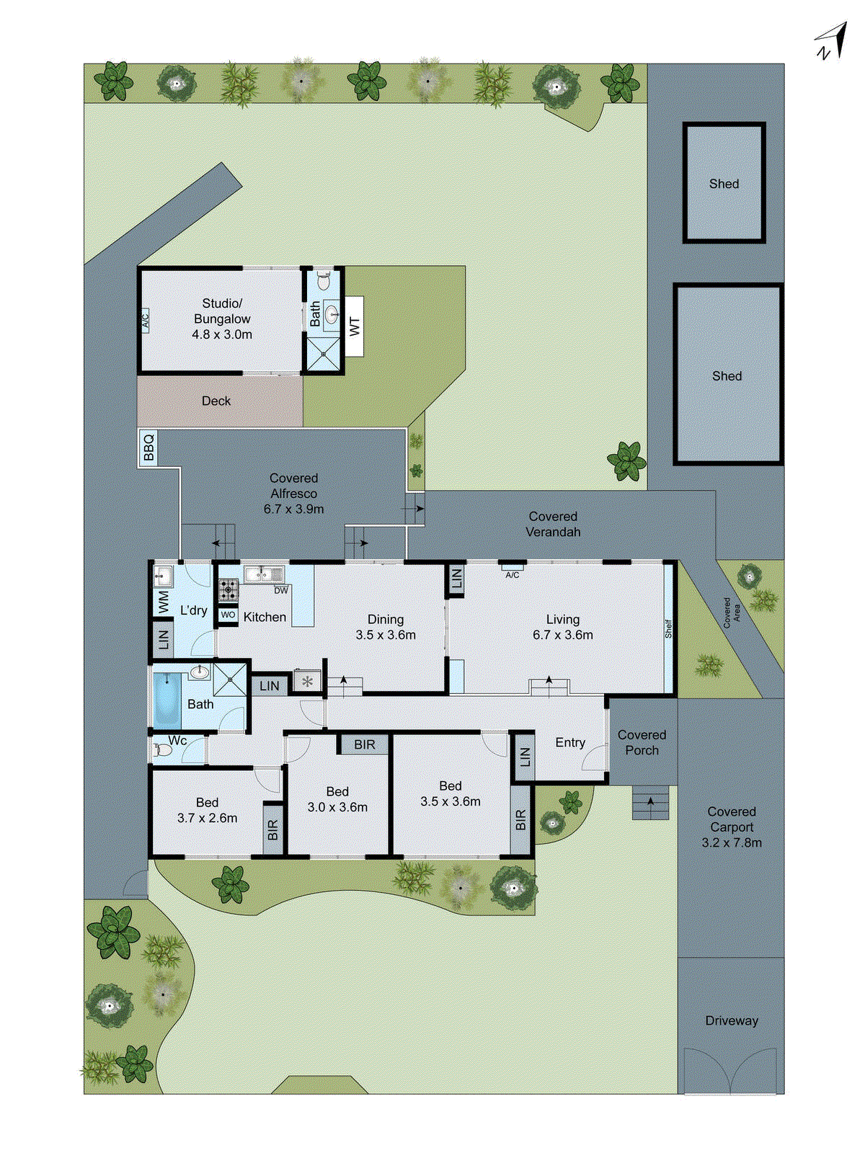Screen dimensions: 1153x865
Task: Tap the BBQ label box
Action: click(148, 447)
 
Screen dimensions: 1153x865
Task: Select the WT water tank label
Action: click(354, 326)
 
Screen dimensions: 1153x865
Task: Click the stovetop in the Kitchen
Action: click(229, 589)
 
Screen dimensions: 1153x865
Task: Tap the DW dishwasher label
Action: click(281, 590)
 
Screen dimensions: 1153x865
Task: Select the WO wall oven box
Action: click(228, 615)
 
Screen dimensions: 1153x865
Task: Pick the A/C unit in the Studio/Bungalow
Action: click(144, 319)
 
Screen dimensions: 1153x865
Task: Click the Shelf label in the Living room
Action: click(668, 628)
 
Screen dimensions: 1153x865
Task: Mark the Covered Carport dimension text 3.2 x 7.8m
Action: click(732, 842)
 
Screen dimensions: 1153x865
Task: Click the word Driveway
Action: click(732, 1020)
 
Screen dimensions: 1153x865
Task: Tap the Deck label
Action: click(216, 401)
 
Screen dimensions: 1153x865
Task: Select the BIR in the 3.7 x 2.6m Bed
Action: click(272, 829)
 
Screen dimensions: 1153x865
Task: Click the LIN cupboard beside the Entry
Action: click(524, 757)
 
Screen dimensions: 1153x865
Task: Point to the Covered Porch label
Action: click(642, 742)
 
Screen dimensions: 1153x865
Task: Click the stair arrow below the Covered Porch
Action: click(651, 803)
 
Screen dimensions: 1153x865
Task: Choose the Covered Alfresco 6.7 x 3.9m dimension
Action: click(293, 509)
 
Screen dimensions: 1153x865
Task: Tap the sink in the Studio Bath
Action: click(332, 314)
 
